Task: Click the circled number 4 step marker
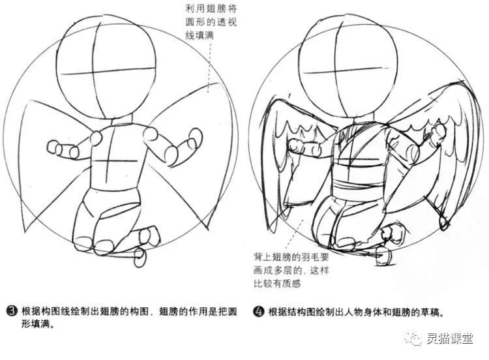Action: click(259, 311)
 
